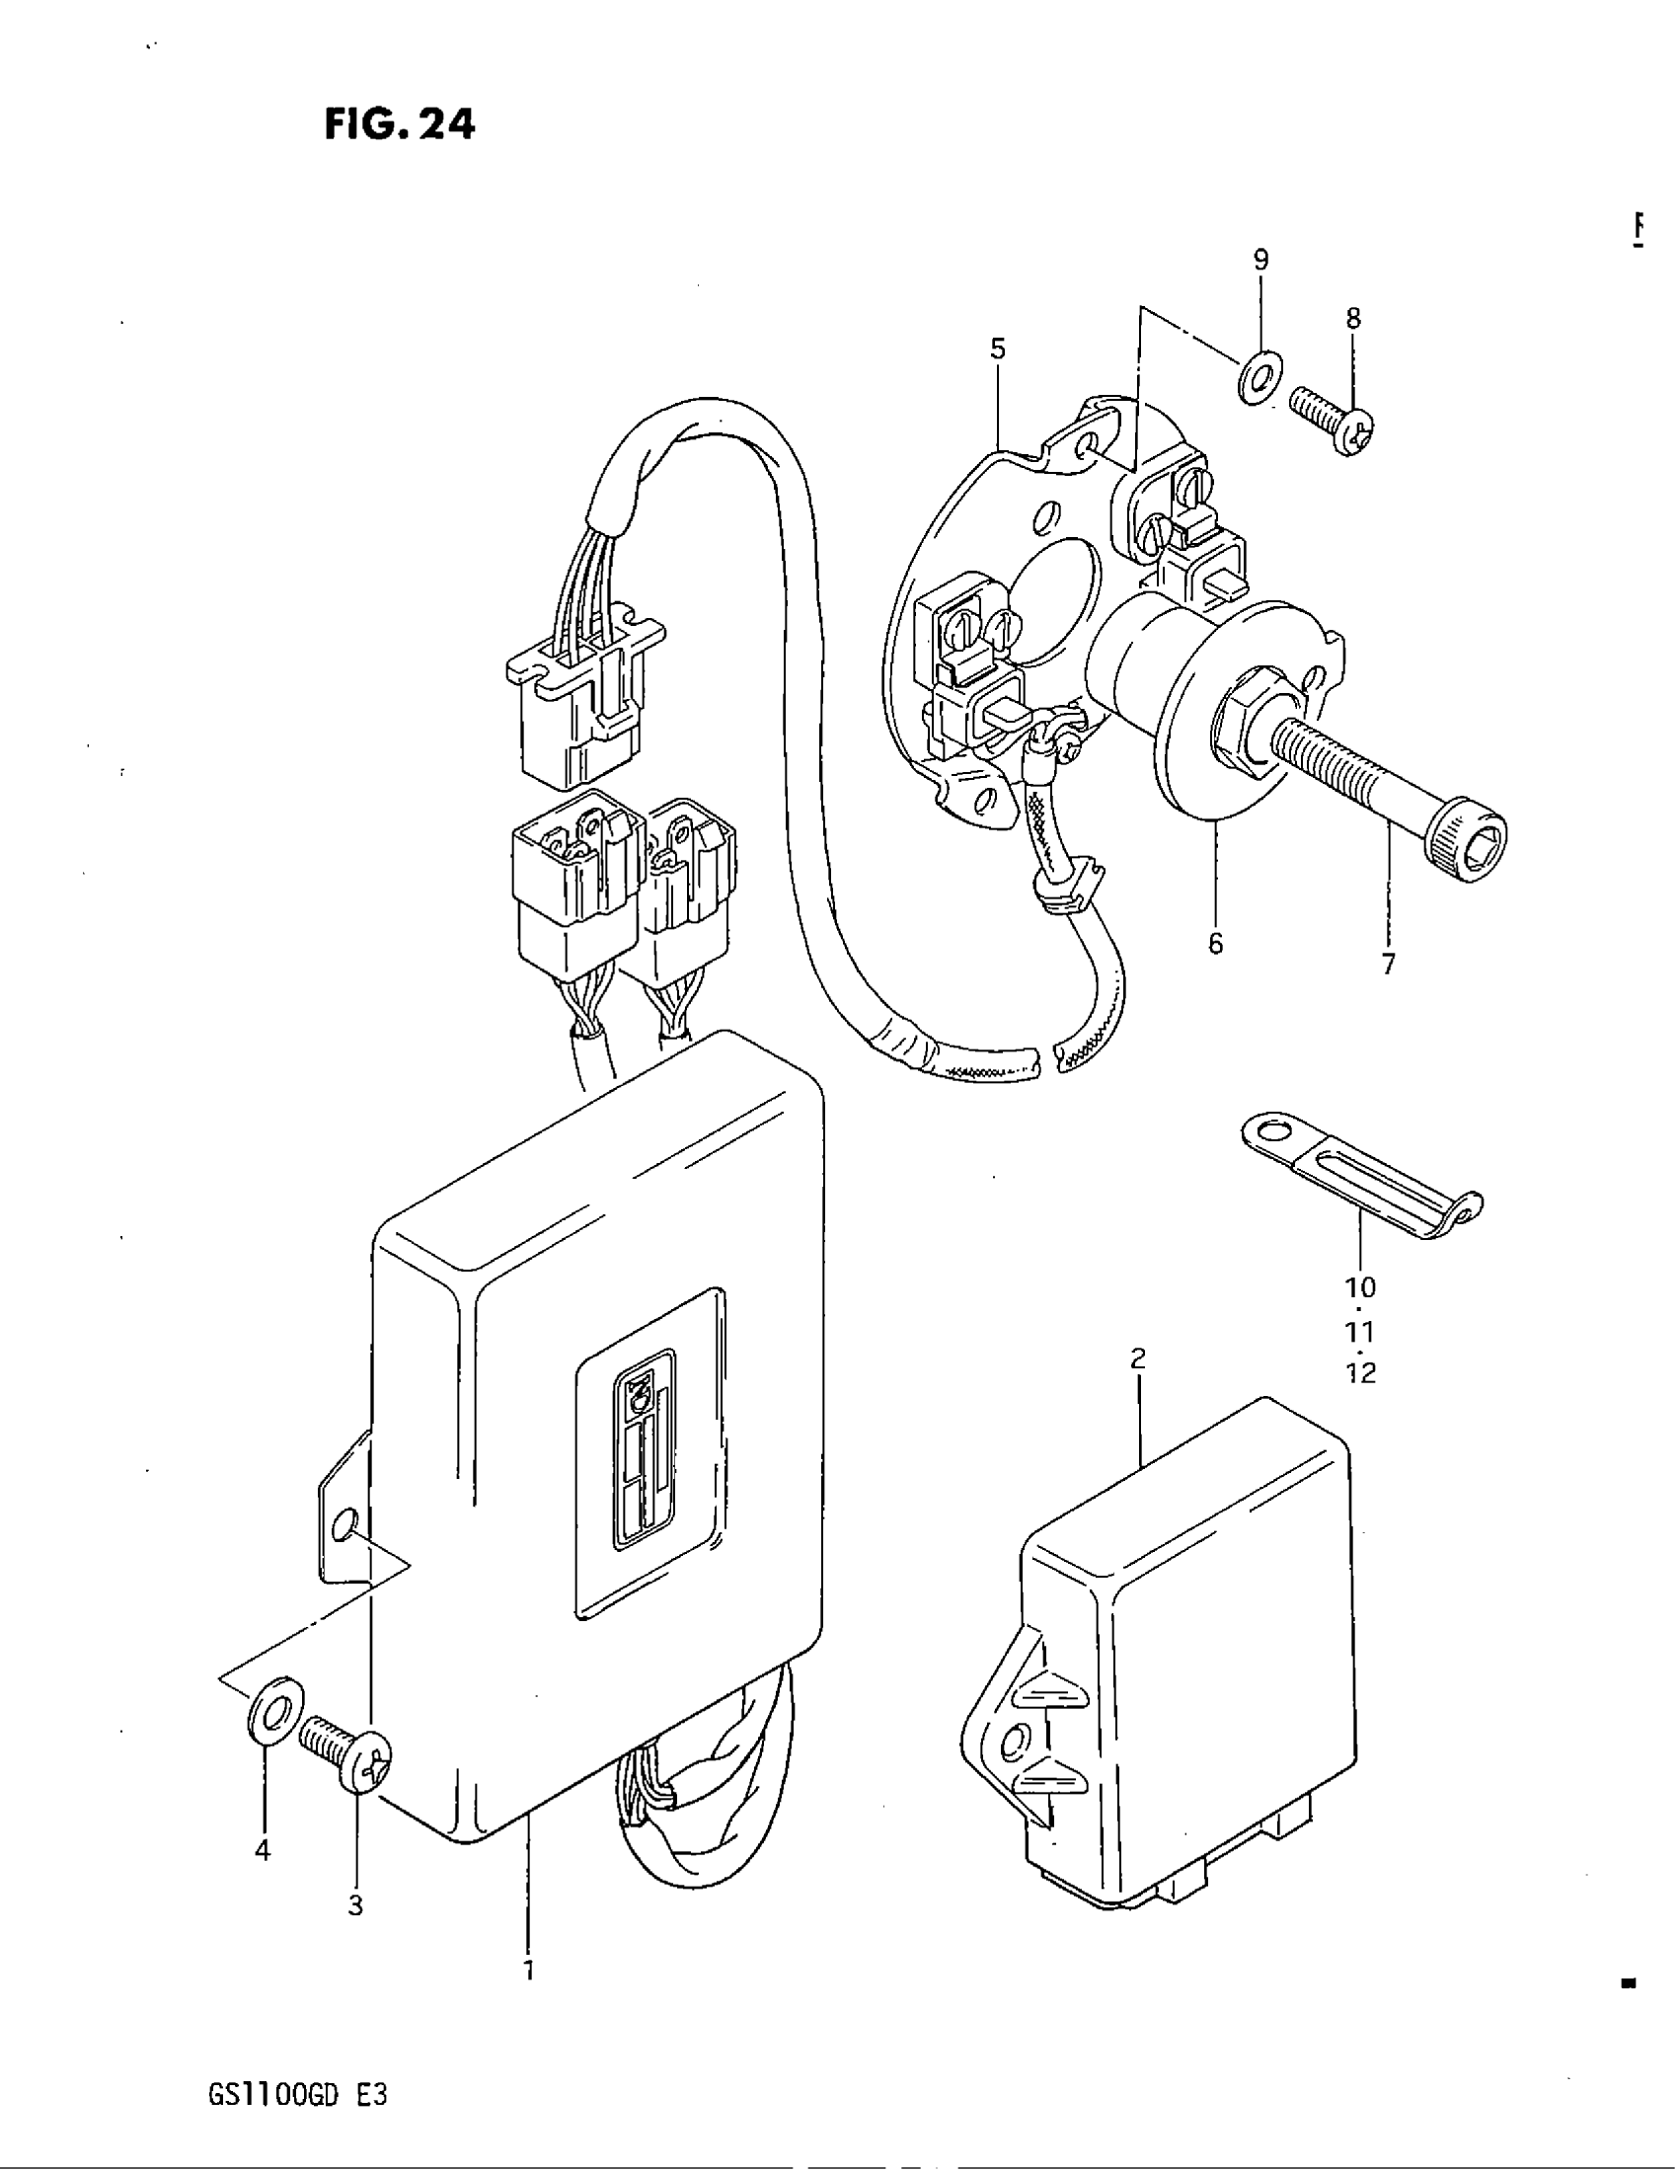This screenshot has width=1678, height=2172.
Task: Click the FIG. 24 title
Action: pyautogui.click(x=400, y=124)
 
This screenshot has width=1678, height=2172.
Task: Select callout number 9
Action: pyautogui.click(x=1260, y=261)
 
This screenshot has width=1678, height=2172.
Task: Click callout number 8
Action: pyautogui.click(x=1353, y=318)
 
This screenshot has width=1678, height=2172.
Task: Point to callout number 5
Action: pyautogui.click(x=998, y=349)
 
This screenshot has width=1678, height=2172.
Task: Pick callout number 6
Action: pyautogui.click(x=1216, y=943)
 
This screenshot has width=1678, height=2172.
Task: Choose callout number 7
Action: pyautogui.click(x=1389, y=963)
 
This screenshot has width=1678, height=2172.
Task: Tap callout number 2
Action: pyautogui.click(x=1139, y=1357)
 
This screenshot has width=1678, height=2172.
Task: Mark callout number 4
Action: pyautogui.click(x=263, y=1850)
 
